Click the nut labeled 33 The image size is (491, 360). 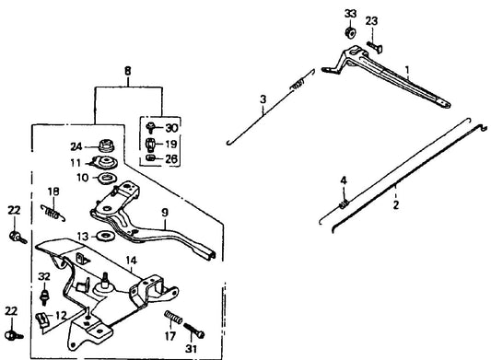click(x=350, y=32)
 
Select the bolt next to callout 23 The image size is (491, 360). click(x=375, y=47)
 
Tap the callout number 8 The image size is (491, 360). click(x=128, y=71)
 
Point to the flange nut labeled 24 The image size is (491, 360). click(x=107, y=145)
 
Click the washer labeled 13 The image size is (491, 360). click(x=105, y=236)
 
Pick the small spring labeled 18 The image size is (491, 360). click(x=53, y=213)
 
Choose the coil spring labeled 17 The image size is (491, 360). click(x=173, y=317)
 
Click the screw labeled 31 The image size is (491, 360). click(x=193, y=331)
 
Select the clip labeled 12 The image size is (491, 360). click(x=42, y=319)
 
